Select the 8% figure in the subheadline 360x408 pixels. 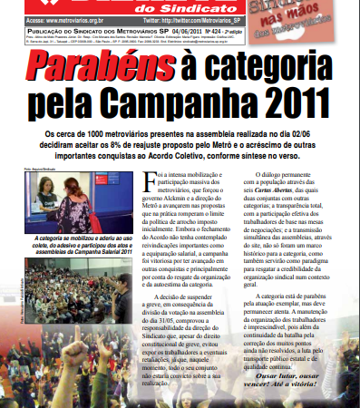click(167, 141)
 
